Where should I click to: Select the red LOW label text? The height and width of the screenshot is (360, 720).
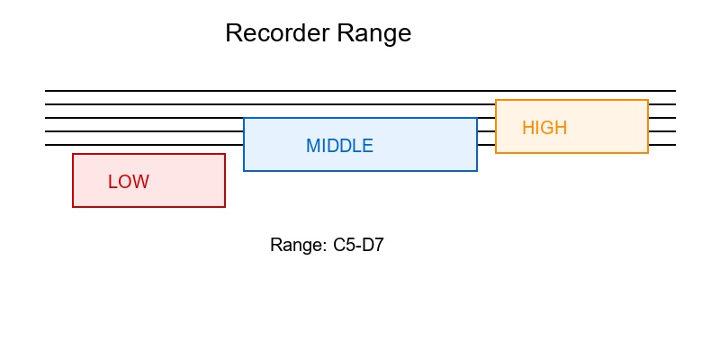129,182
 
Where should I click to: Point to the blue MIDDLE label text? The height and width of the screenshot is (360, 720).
339,146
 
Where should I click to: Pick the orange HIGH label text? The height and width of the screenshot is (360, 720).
544,128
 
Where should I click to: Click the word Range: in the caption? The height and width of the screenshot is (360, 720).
298,245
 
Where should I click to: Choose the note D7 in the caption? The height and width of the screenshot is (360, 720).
373,245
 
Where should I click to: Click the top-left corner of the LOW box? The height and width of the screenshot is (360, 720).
73,154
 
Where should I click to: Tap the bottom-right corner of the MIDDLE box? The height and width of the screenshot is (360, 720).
477,170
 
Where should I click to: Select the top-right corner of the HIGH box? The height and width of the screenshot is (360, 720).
648,100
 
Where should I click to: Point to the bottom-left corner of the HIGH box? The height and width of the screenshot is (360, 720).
496,153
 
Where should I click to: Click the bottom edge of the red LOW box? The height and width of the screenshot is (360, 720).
148,207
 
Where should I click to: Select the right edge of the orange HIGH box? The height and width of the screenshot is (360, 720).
648,126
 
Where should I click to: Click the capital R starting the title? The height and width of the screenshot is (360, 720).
233,33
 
